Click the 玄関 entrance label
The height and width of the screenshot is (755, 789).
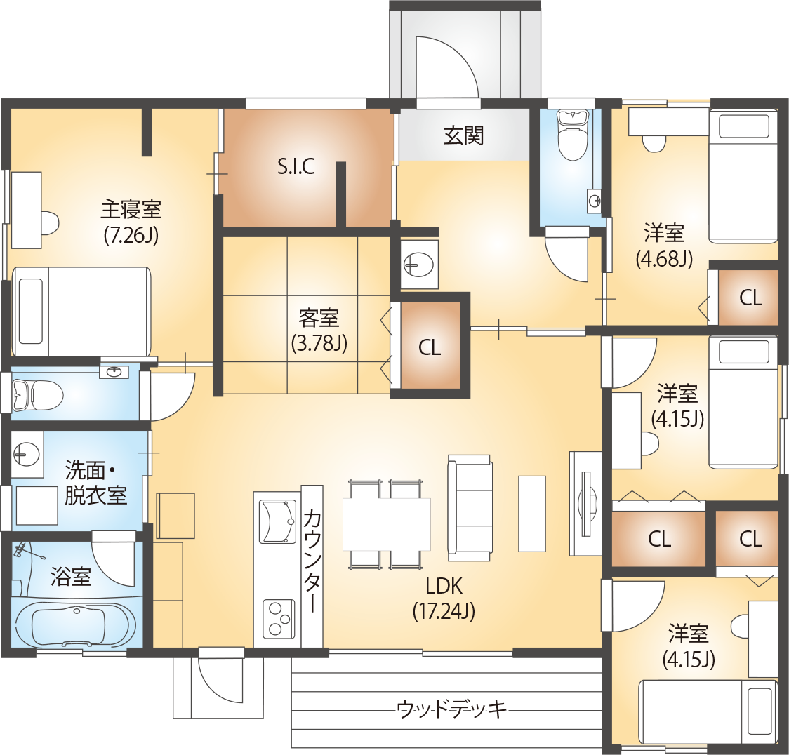coord(463,136)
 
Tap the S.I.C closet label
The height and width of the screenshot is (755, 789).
coord(296,166)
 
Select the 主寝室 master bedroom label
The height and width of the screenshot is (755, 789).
coord(131,209)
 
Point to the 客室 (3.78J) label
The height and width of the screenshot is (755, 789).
coord(319,330)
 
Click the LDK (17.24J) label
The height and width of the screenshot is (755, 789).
coord(444,599)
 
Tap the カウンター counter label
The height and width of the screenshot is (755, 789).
coord(312,561)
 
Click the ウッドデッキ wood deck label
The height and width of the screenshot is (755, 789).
coord(451,709)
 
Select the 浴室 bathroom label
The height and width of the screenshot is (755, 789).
coord(71,577)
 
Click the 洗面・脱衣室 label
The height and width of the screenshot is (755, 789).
coord(95,483)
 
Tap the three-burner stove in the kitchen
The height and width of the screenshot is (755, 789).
coord(277,619)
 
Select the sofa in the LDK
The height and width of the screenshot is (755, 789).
coord(470,508)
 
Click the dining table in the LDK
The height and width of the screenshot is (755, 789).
coord(387,524)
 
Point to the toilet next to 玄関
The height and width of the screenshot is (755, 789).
coord(573,134)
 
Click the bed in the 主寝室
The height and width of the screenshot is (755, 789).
coord(81,312)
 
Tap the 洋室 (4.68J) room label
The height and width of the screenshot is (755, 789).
coord(664,246)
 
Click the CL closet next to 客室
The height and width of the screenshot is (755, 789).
coord(430,347)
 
